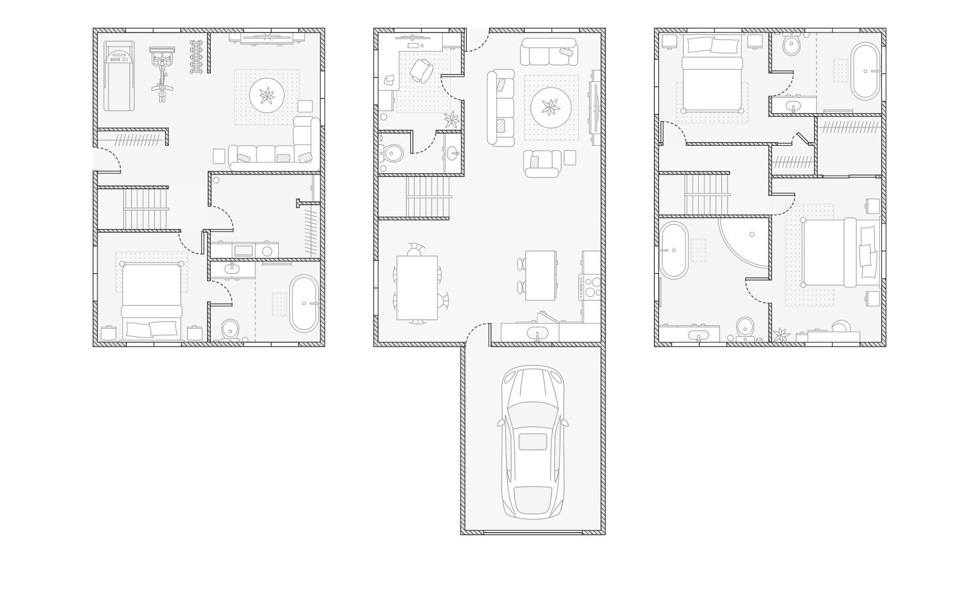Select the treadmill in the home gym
[x=119, y=76]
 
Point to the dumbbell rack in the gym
[x=196, y=57]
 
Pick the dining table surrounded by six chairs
[x=417, y=288]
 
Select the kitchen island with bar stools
[x=540, y=276]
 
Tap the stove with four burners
[x=592, y=287]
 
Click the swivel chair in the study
[x=421, y=70]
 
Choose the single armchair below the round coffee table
[x=542, y=164]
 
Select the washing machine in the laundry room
[x=266, y=250]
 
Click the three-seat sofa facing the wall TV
[x=500, y=108]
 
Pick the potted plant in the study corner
[x=451, y=119]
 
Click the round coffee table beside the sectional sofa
[x=266, y=96]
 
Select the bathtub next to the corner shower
[x=674, y=250]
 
